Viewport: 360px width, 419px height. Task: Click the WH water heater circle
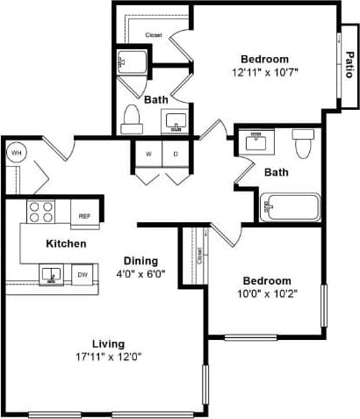coord(16,153)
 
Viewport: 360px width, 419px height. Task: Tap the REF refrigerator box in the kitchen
coord(85,215)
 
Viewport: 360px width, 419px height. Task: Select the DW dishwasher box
coord(82,274)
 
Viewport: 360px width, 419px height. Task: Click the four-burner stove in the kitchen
coord(40,212)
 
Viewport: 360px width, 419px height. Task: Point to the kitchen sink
coord(50,275)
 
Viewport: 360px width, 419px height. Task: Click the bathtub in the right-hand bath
coord(292,209)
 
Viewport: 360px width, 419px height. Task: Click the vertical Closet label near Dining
coord(200,256)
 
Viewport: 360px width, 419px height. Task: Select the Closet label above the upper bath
coord(154,35)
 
